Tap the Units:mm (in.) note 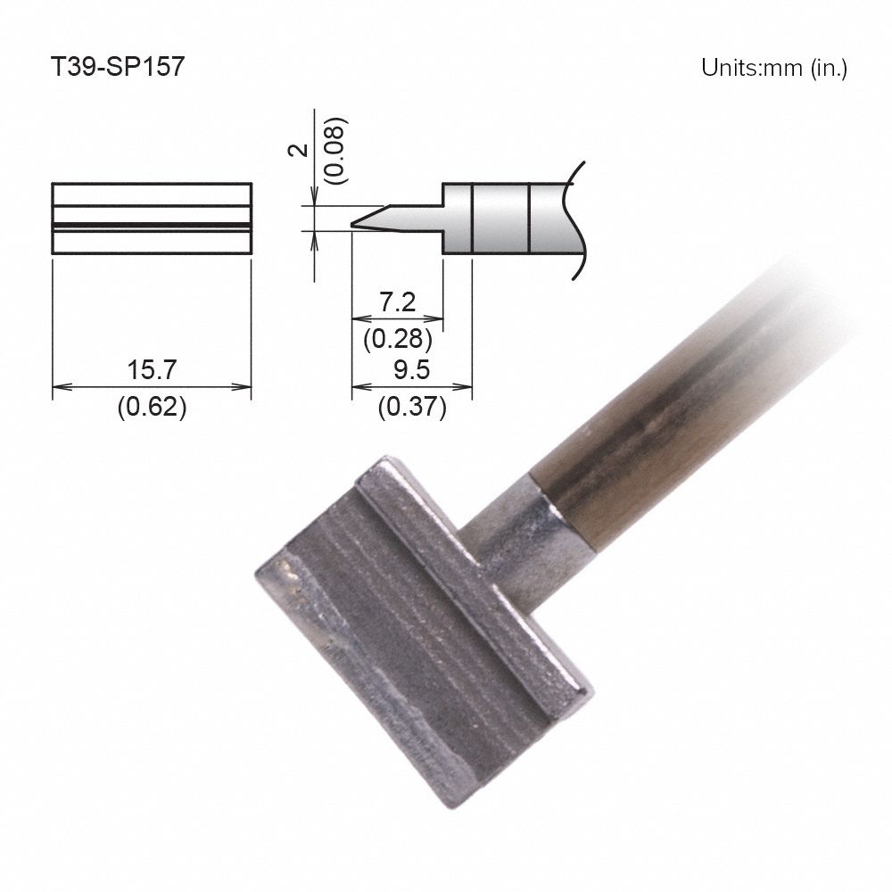(773, 69)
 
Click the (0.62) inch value (152, 408)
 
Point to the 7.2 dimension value (398, 302)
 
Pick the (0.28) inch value (398, 338)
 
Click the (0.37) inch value (411, 408)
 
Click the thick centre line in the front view (152, 223)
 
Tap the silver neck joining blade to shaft (517, 544)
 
